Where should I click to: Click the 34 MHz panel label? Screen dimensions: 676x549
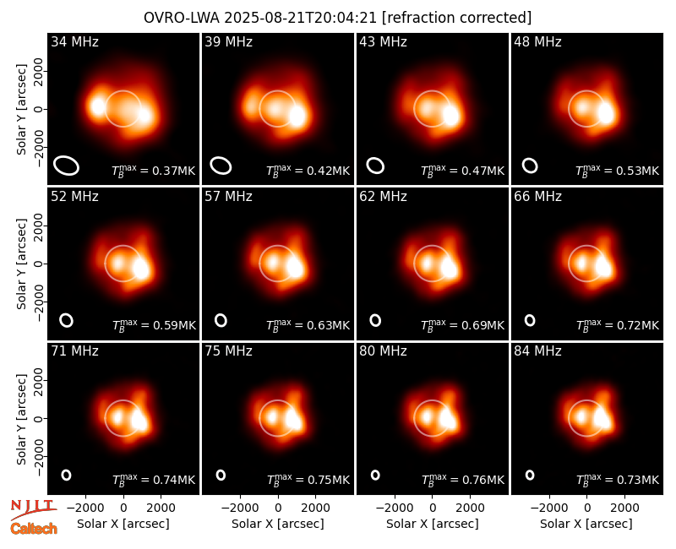tap(74, 41)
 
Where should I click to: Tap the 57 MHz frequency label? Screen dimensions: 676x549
tap(228, 197)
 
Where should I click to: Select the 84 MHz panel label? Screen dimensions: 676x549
tap(537, 351)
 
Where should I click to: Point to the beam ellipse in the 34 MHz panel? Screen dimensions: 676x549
tap(66, 166)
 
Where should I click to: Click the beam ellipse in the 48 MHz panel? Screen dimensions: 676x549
tap(530, 166)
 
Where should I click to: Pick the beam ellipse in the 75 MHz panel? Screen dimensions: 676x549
tap(221, 475)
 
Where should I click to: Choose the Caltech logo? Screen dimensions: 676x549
tap(34, 529)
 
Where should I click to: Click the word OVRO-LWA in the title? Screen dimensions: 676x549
tap(182, 18)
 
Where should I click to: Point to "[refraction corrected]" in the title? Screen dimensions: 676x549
tap(456, 18)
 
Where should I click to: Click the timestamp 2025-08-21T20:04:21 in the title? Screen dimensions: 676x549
tap(301, 18)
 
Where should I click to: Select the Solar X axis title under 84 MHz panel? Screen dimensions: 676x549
tap(586, 524)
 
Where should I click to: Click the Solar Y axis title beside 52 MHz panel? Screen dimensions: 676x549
tap(21, 264)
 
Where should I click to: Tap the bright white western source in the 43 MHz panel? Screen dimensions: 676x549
tap(451, 116)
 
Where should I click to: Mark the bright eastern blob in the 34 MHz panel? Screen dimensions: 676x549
tap(98, 106)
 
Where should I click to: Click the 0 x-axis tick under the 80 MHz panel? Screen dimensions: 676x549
tap(433, 508)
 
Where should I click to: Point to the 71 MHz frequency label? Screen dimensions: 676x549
tap(74, 351)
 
